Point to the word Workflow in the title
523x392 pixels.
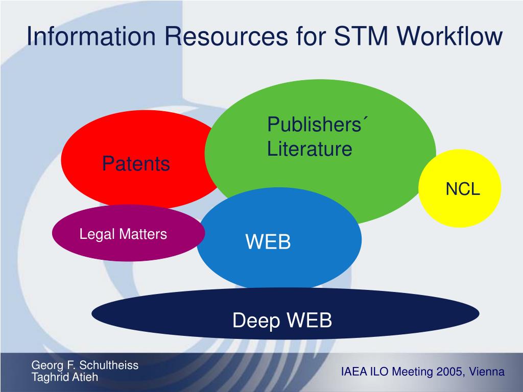coord(450,37)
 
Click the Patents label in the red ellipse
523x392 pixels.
coord(136,164)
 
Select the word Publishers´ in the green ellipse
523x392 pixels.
coord(318,125)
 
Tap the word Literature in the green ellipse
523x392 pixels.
coord(310,150)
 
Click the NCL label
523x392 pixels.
coord(463,189)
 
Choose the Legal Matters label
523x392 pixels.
coord(123,234)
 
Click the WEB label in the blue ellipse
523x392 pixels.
coord(268,242)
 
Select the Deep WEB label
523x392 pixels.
coord(282,321)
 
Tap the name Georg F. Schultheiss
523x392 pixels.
coord(85,365)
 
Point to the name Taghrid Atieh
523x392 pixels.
coord(65,377)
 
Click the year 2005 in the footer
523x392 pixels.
coord(449,372)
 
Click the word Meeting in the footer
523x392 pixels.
coord(413,372)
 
